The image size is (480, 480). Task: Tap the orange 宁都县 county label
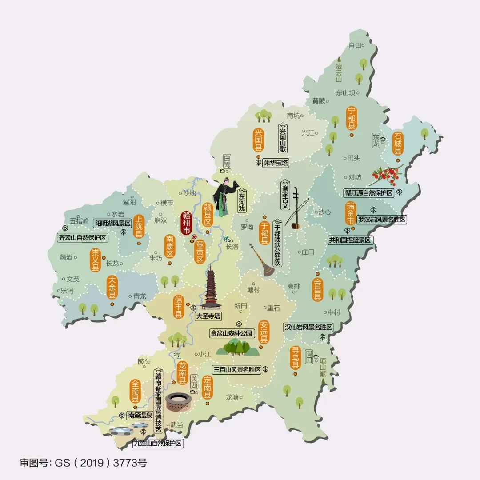352,118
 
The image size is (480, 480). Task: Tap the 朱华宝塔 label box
276,163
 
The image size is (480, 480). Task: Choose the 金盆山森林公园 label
232,332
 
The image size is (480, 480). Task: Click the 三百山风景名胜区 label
236,369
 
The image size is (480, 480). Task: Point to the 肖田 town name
354,45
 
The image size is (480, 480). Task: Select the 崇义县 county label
95,260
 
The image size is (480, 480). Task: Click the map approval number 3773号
131,463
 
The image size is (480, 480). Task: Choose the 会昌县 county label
318,290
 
